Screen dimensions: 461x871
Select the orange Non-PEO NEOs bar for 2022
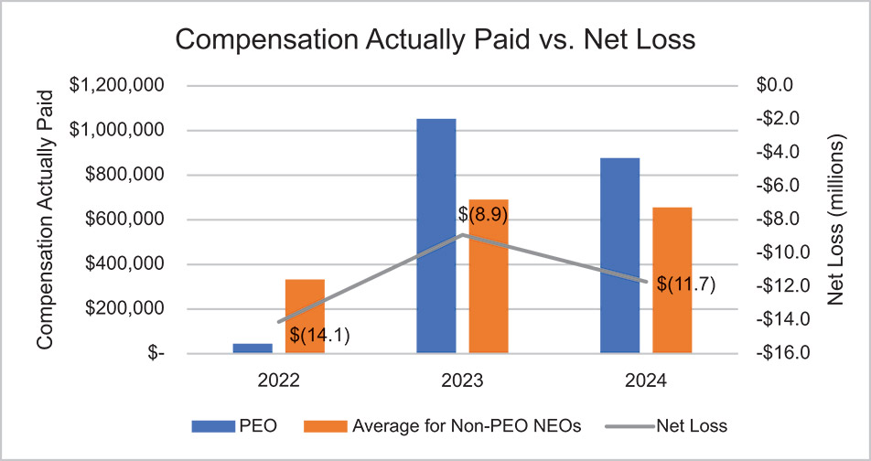306,316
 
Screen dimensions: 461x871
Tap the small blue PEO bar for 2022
253,348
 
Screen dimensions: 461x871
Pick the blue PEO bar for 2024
620,255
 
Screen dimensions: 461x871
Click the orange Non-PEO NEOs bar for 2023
489,275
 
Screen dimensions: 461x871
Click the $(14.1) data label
320,336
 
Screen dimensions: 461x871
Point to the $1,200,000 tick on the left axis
117,85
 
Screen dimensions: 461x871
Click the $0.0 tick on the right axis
782,85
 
